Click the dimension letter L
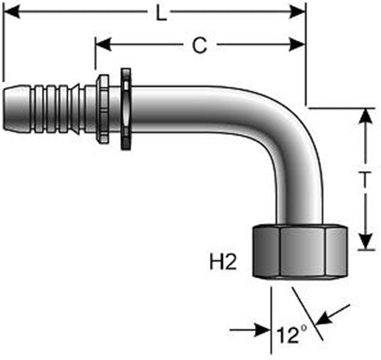161,13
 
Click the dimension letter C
199,45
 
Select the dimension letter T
365,179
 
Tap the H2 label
223,262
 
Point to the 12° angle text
292,334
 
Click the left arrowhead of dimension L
11,12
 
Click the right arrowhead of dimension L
297,12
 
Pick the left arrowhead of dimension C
103,45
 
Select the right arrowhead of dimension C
297,45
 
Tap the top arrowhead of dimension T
365,116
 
